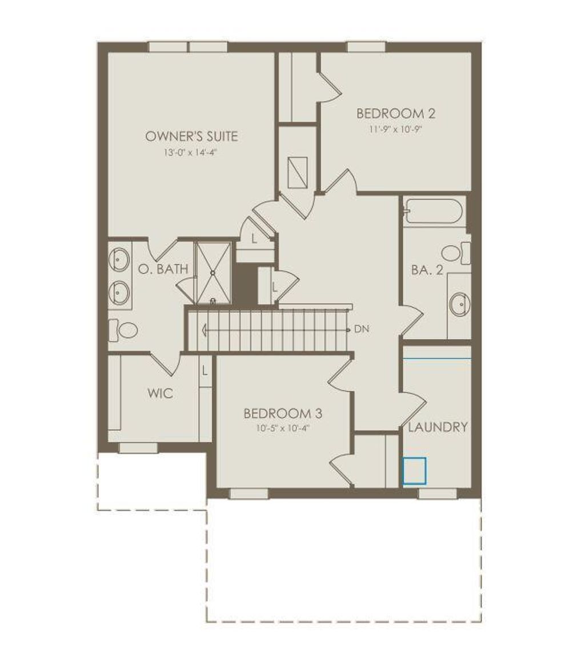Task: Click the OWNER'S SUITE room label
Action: tap(191, 136)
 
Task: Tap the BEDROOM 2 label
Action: tap(396, 113)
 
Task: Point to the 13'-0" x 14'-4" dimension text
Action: tap(191, 153)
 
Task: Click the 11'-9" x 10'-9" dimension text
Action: tap(396, 129)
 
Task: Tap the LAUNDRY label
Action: tap(438, 427)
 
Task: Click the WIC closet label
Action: tap(160, 394)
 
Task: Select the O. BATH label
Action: tap(163, 269)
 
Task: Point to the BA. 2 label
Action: tap(427, 270)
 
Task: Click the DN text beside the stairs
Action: tap(361, 329)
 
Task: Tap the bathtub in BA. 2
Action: tap(433, 211)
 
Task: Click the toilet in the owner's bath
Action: tap(125, 329)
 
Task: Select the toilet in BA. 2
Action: tap(455, 252)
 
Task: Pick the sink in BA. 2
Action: tap(460, 303)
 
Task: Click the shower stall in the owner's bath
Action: tap(213, 272)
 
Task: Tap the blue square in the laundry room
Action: tap(414, 471)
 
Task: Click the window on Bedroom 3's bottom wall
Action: tap(249, 493)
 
